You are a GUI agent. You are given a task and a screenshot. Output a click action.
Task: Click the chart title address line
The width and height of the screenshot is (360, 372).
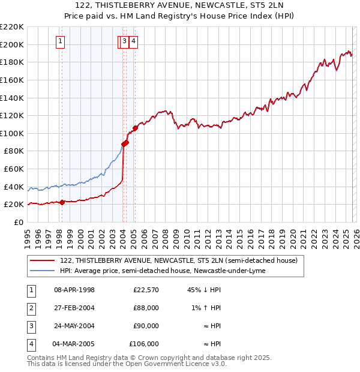pyautogui.click(x=179, y=5)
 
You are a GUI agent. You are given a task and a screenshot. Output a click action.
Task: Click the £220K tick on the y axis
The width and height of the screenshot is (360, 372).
pyautogui.click(x=12, y=27)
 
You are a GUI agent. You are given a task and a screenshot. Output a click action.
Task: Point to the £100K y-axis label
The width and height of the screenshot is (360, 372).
pyautogui.click(x=12, y=133)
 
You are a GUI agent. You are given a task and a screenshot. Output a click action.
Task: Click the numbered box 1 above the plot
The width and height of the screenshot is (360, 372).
pyautogui.click(x=61, y=41)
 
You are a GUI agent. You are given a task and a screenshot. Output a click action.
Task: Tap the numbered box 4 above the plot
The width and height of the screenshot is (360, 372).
pyautogui.click(x=133, y=41)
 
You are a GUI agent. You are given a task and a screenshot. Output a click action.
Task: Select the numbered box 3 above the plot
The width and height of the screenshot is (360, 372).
pyautogui.click(x=124, y=41)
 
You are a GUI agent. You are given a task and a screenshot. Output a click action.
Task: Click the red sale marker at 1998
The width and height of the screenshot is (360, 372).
pyautogui.click(x=62, y=202)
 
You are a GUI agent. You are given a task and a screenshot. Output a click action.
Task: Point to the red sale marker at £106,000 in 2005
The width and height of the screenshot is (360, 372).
pyautogui.click(x=136, y=128)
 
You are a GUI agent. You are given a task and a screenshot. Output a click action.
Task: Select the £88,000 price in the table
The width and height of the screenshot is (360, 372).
pyautogui.click(x=146, y=308)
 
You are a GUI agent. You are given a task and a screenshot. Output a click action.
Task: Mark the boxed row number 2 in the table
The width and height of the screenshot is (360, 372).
pyautogui.click(x=31, y=308)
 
